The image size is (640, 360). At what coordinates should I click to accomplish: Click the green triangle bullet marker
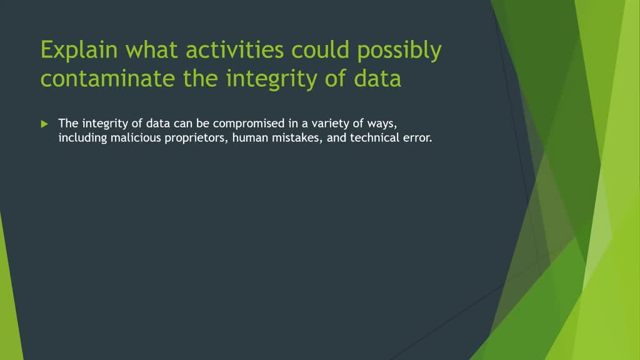(44, 124)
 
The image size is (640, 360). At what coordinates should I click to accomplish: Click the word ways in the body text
(382, 123)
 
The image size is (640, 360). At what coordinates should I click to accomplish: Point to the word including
(82, 138)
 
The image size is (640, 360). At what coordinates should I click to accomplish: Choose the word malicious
(134, 138)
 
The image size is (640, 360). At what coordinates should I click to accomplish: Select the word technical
(372, 138)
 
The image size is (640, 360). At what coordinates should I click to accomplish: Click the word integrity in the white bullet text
(104, 123)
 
